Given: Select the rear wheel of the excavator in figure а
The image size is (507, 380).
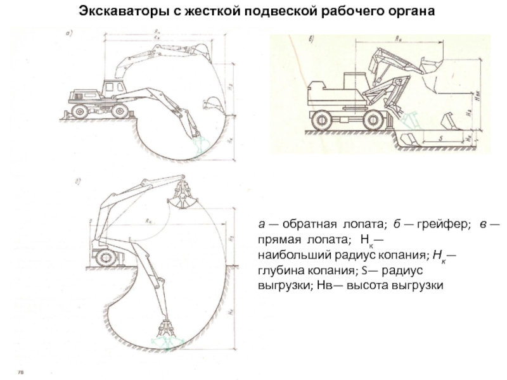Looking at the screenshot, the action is [x=80, y=111].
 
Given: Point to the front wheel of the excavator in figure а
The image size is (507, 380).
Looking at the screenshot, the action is [x=118, y=111].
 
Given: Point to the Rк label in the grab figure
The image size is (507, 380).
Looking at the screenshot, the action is [x=147, y=221].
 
